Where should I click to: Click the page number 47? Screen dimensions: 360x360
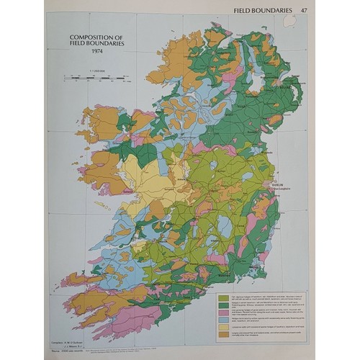click(x=305, y=9)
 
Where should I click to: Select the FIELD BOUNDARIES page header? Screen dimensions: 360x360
click(x=264, y=9)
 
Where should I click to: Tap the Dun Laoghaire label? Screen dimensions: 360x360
click(x=282, y=189)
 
